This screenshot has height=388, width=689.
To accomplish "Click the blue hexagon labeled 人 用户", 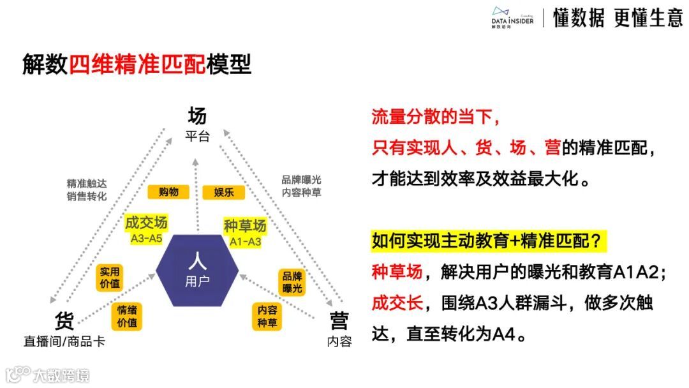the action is tap(197, 271).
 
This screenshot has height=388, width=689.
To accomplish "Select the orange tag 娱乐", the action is tap(224, 191).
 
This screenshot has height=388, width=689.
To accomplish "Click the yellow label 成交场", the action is tap(146, 223).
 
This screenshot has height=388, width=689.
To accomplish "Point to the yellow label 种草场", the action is tap(245, 225).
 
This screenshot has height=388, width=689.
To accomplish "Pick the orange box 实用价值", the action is tap(110, 278).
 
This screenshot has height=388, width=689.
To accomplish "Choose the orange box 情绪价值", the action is tap(127, 317).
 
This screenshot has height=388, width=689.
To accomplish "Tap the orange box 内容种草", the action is tap(267, 316).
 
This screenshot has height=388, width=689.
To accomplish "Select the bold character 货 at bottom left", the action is tap(64, 320).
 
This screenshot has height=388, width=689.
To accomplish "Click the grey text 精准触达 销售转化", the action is tap(87, 189).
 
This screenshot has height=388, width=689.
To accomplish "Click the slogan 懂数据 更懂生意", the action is tap(618, 19).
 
